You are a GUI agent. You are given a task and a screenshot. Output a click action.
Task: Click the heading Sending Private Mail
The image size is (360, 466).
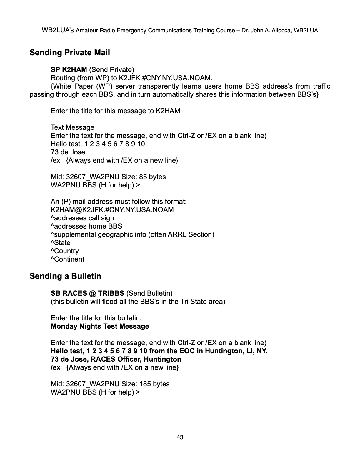tap(70, 53)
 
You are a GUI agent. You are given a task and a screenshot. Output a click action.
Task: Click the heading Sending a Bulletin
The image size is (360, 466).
tap(65, 276)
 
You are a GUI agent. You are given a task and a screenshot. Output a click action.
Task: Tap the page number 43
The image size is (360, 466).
tap(180, 437)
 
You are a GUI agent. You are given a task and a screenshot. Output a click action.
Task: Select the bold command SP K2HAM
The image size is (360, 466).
tap(69, 70)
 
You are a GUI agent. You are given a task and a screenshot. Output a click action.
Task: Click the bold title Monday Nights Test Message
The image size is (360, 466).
tap(100, 326)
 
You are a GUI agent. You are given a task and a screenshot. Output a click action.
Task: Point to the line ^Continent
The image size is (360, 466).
tap(67, 259)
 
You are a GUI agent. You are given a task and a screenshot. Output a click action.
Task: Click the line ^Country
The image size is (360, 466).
tap(65, 251)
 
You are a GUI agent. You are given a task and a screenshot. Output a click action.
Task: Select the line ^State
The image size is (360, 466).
tap(61, 243)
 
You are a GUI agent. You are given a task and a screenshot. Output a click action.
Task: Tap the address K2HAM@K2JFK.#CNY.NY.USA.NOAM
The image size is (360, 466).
tap(112, 210)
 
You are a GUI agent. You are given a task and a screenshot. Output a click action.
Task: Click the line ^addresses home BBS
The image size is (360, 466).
tap(86, 226)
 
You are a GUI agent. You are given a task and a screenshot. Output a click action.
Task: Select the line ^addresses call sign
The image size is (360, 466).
tap(82, 218)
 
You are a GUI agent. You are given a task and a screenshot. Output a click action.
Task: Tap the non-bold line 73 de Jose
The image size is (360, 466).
tap(68, 152)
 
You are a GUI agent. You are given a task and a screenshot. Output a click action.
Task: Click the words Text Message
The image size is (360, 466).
tap(72, 127)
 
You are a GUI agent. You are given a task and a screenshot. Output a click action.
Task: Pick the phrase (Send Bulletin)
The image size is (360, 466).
tap(149, 293)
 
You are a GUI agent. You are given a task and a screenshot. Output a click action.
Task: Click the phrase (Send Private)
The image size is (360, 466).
tap(111, 70)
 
